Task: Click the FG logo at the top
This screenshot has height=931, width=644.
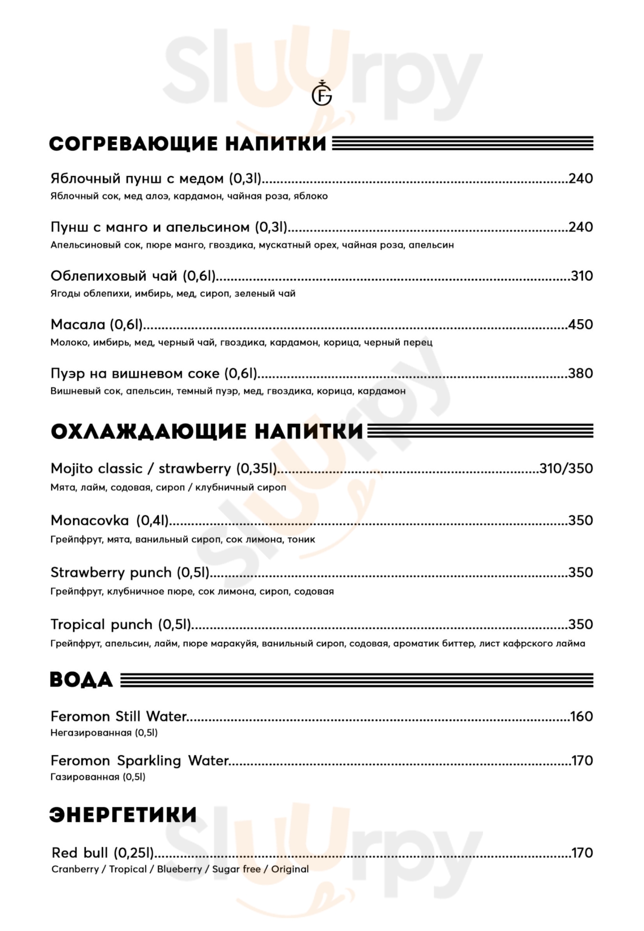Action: tap(322, 94)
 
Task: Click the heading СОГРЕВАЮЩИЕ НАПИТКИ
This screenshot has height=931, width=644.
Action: tap(188, 144)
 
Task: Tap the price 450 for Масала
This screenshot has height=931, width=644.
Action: tap(580, 324)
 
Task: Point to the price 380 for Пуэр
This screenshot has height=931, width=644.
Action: tap(580, 373)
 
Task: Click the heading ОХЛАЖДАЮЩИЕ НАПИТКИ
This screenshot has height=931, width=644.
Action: tap(207, 432)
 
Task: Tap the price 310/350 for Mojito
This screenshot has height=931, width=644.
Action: tap(566, 468)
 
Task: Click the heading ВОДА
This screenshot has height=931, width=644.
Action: tap(81, 680)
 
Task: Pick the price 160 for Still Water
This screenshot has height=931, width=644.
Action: tap(581, 717)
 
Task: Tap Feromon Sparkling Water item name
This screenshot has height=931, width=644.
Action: tap(140, 761)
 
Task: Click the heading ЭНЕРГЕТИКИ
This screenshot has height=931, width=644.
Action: tap(123, 815)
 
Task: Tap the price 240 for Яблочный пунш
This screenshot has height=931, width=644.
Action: tap(580, 178)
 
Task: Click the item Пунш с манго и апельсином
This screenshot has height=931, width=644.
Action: tap(169, 227)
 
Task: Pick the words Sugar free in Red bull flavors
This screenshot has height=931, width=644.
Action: tap(236, 869)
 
